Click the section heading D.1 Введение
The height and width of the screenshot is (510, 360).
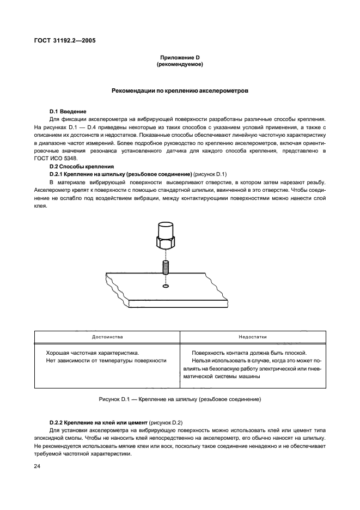click(68, 111)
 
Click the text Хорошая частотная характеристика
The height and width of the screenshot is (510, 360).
click(88, 353)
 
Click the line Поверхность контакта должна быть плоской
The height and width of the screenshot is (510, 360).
click(249, 353)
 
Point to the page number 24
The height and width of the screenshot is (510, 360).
click(36, 466)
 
